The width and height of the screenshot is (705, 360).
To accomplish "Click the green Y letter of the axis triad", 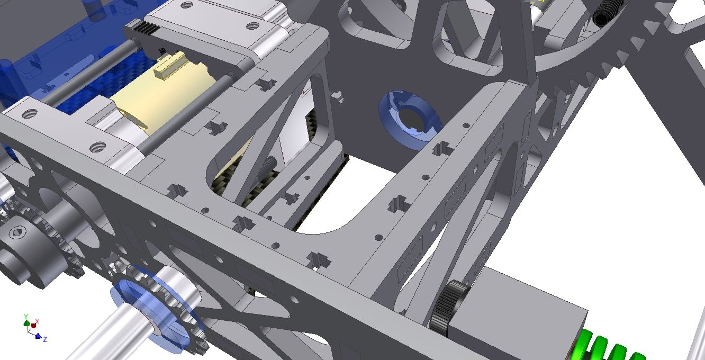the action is pos(26,316).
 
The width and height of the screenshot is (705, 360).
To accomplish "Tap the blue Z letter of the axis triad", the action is pos(45,339).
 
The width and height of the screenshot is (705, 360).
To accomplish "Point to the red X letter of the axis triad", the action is pos(37,321).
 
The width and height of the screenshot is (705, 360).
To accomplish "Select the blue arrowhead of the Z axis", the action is pos(39,336).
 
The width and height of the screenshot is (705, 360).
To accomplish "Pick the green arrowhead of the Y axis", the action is pos(27,323).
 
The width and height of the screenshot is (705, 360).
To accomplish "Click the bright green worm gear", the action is pos(608,346).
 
